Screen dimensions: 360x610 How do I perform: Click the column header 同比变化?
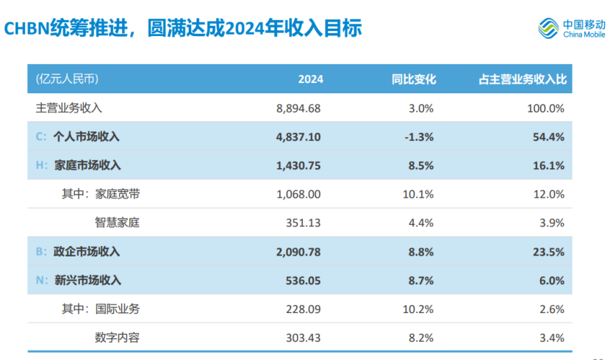(x=414, y=79)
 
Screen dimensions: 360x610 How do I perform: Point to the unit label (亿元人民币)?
(x=67, y=79)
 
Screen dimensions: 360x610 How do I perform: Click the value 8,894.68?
(x=298, y=108)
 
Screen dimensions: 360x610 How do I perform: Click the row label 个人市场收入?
(x=87, y=137)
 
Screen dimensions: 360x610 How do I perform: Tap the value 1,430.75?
(x=298, y=165)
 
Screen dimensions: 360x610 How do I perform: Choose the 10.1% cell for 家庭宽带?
(x=420, y=194)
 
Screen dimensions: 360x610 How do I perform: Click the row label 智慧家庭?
(x=117, y=223)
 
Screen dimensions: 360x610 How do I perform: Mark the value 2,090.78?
(x=298, y=251)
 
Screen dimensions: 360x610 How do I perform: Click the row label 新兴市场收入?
(x=87, y=280)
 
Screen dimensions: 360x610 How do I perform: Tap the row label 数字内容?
(x=117, y=337)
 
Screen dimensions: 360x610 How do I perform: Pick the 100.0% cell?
(x=546, y=108)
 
